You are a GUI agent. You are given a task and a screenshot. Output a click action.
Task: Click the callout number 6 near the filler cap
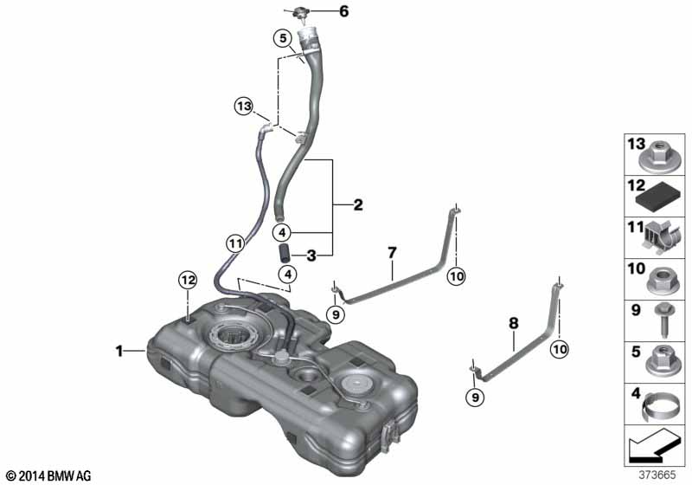point(343,11)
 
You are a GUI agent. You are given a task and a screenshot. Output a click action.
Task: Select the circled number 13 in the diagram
point(244,106)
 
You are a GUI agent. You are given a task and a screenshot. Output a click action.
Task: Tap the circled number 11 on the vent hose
point(235,243)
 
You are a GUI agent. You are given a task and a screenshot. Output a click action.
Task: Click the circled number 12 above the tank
point(188,280)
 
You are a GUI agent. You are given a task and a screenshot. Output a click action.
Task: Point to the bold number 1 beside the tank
point(119,351)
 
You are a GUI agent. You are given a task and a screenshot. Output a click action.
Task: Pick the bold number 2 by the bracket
point(358,204)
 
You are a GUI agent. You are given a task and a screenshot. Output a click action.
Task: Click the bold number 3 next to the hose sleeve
point(311,255)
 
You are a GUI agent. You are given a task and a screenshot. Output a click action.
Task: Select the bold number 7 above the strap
point(392,253)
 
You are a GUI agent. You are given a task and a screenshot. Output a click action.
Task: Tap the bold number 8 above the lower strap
point(513,323)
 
